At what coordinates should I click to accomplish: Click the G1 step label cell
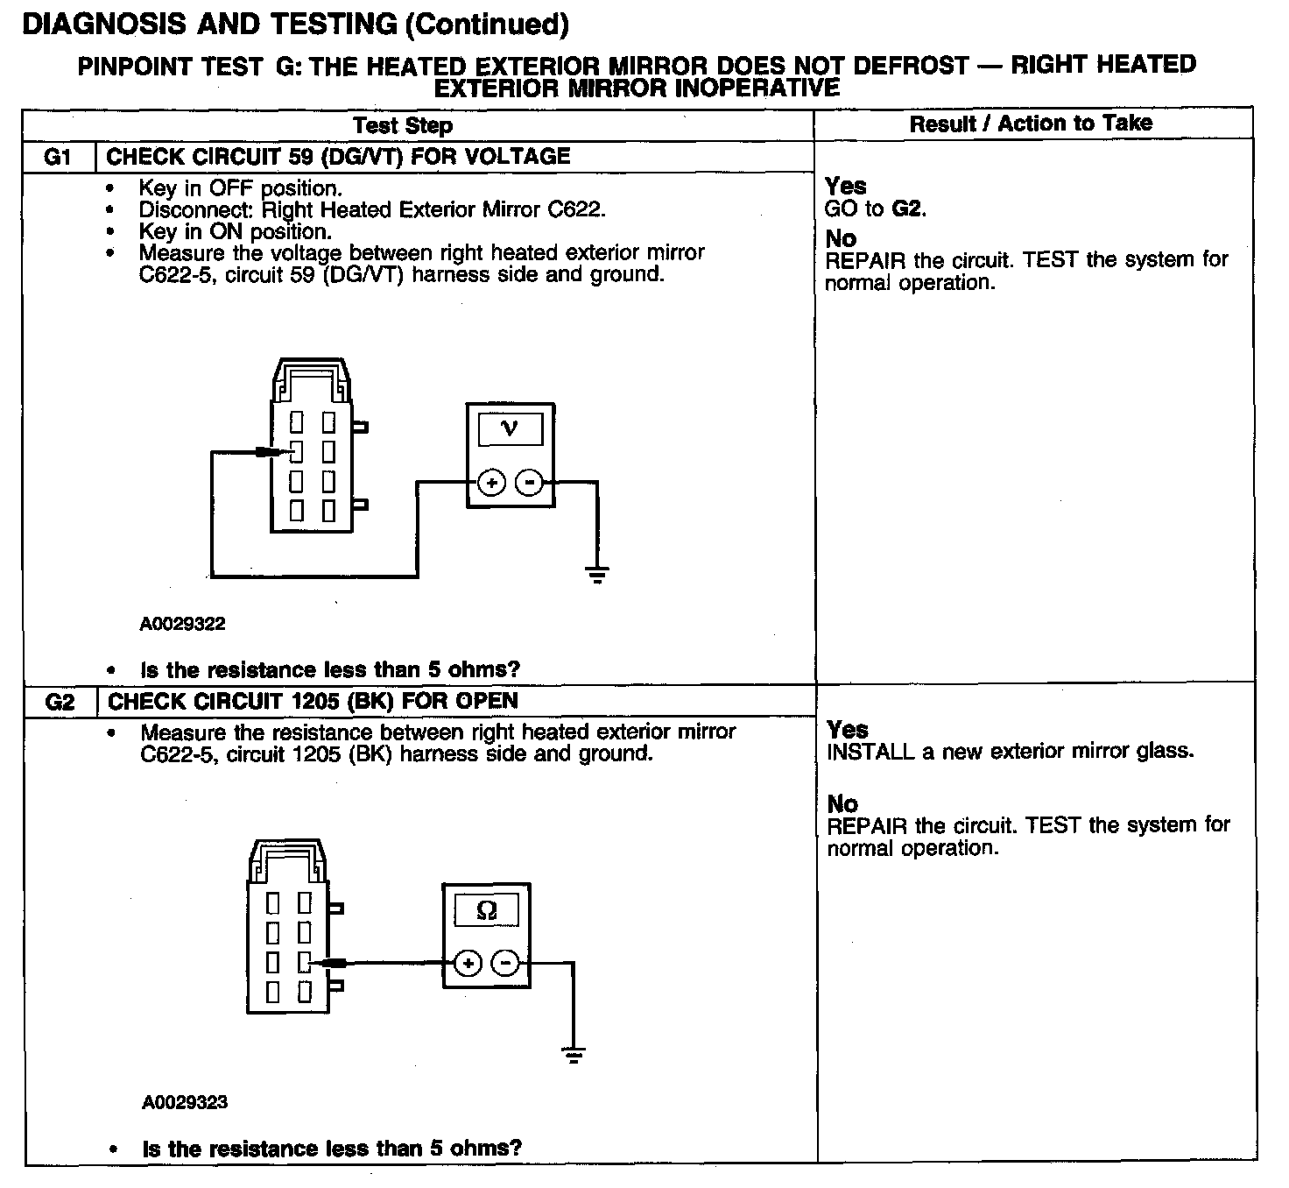click(x=57, y=158)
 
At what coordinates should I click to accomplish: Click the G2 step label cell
click(x=60, y=702)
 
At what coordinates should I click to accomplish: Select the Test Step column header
click(x=403, y=125)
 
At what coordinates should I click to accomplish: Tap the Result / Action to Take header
click(x=1031, y=124)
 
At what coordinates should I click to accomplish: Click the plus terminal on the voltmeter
click(x=492, y=483)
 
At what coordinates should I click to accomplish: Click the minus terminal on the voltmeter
click(x=529, y=483)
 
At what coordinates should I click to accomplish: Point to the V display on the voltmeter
click(x=510, y=429)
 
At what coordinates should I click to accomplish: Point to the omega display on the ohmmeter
click(x=487, y=911)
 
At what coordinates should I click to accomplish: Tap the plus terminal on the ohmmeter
click(x=468, y=964)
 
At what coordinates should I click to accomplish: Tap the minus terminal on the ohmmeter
click(x=505, y=964)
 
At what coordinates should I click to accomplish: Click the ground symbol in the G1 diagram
click(x=597, y=575)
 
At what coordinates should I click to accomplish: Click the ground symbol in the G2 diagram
click(x=574, y=1054)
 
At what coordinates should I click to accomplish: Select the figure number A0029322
click(x=182, y=624)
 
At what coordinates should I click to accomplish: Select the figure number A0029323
click(x=184, y=1102)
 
